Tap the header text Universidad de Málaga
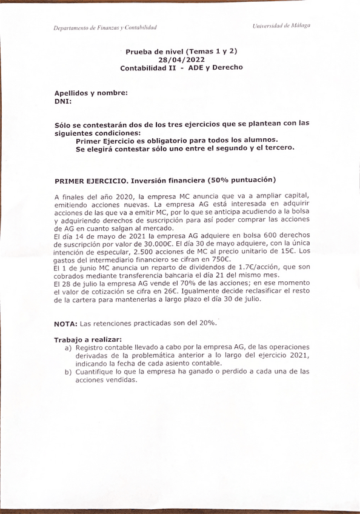tap(282, 26)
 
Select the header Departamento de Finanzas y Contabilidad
tap(105, 28)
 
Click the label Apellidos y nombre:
tap(91, 93)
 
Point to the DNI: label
tap(63, 102)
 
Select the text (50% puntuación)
tap(241, 180)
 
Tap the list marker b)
tap(68, 372)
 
